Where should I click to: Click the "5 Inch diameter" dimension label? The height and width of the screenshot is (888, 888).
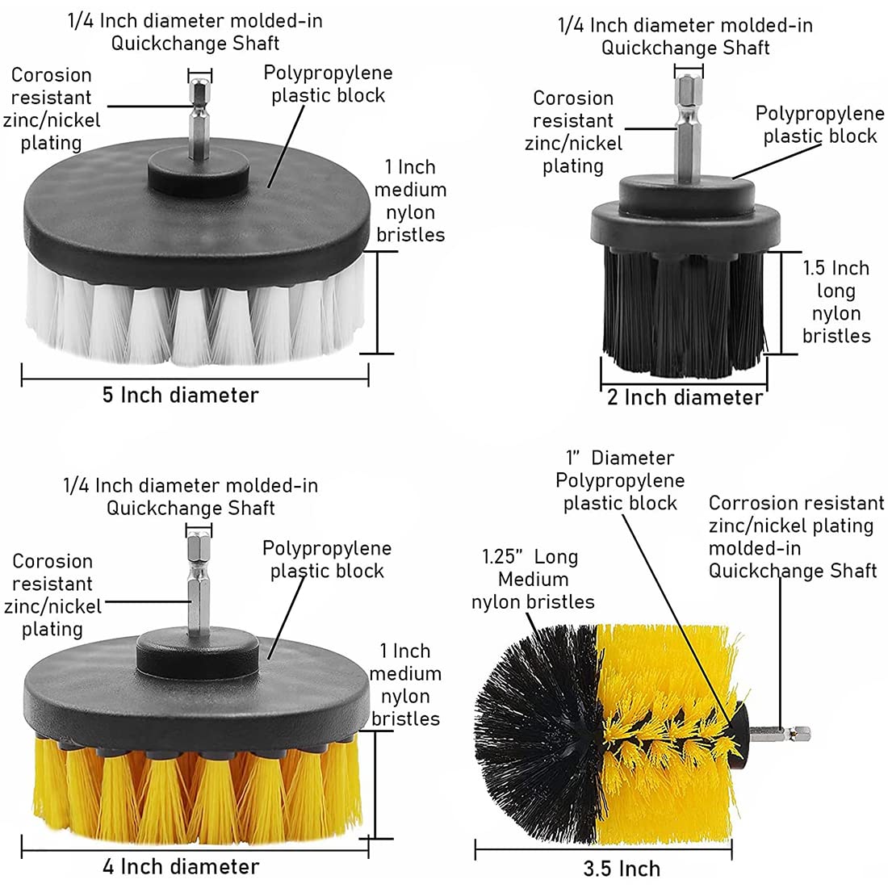click(x=180, y=395)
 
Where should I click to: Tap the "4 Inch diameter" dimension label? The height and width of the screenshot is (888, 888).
click(x=181, y=866)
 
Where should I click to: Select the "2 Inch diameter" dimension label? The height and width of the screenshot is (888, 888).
click(x=685, y=397)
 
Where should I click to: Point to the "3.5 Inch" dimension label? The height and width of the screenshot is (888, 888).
click(x=622, y=869)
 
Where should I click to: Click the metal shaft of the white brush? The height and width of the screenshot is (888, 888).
click(x=199, y=120)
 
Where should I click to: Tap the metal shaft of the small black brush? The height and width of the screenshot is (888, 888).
click(x=688, y=128)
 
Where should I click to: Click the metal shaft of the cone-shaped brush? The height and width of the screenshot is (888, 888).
click(x=780, y=734)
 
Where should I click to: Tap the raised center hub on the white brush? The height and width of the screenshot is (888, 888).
click(x=199, y=174)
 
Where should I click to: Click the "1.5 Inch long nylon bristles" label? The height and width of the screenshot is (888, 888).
click(x=836, y=302)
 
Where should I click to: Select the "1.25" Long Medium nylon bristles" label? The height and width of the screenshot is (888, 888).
click(x=532, y=579)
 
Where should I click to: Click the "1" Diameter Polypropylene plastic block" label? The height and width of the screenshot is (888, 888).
click(x=620, y=480)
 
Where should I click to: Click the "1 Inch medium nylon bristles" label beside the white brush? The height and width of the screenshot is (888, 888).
click(x=410, y=200)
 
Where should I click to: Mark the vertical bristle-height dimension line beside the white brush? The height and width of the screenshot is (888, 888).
click(x=378, y=303)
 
